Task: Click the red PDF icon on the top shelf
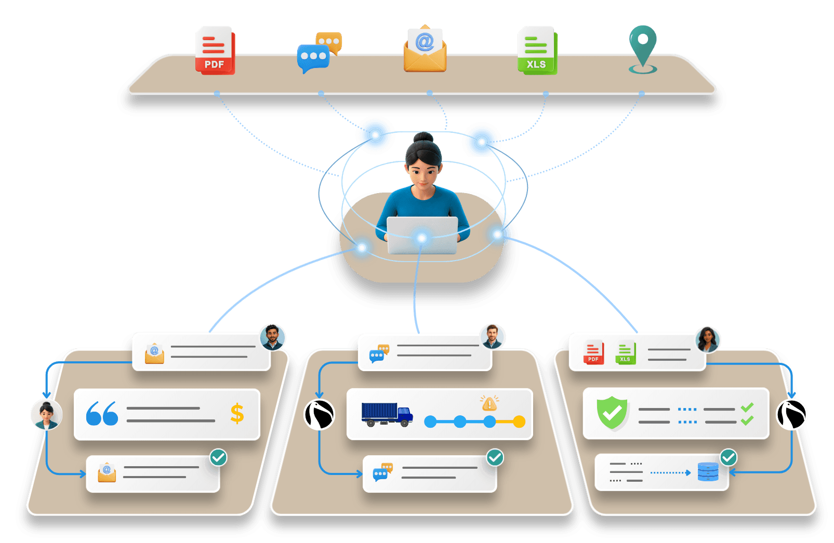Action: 215,50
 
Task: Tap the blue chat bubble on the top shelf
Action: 313,58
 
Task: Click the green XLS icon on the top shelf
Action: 537,50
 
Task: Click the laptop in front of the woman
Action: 422,235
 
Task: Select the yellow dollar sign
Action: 237,413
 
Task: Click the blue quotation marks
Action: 102,413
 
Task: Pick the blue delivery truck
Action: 387,414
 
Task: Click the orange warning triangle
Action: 489,403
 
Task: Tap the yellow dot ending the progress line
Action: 519,422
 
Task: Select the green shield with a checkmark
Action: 612,413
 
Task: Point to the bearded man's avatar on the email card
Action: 272,337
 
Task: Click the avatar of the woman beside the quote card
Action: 47,415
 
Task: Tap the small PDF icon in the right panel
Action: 593,352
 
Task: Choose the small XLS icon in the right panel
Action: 626,352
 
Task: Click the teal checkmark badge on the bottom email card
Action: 219,457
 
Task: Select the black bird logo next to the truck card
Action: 320,414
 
